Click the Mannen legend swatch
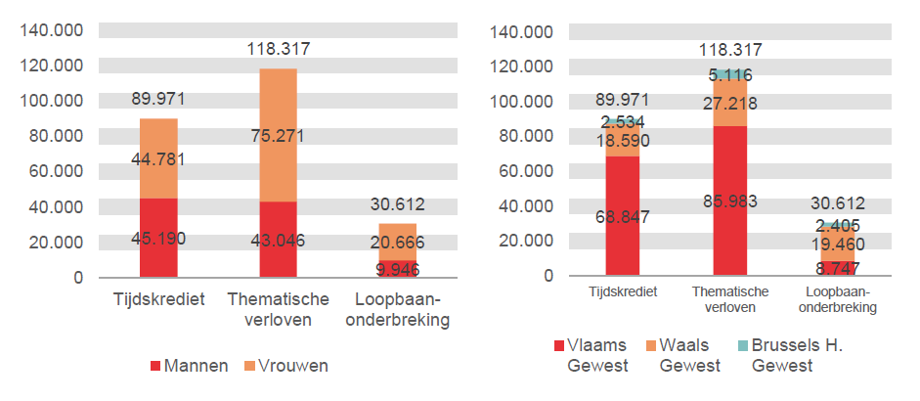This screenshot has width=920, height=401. tap(156, 367)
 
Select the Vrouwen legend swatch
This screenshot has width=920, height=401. tap(250, 367)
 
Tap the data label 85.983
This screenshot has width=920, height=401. tap(729, 201)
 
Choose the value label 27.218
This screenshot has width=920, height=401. tap(729, 103)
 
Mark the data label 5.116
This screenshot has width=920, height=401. tap(729, 74)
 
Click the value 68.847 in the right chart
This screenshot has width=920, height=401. tap(623, 216)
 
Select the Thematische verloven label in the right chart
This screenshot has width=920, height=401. tap(729, 299)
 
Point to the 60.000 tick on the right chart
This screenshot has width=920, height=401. tap(525, 171)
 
